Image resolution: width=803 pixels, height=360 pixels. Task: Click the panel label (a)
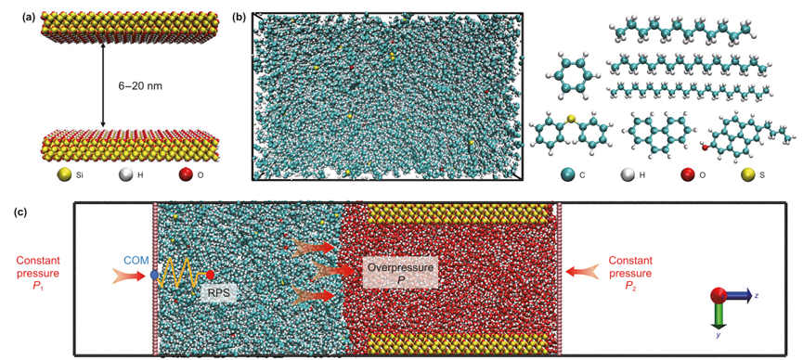coord(28,17)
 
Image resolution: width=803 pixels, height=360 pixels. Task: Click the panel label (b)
coord(239,17)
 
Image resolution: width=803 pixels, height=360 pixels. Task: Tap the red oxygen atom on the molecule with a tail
coord(705,148)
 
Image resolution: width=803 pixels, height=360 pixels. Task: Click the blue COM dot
coord(155,275)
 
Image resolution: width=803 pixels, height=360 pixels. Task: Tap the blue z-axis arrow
coord(737,295)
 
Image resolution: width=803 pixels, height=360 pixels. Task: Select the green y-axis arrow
coord(717,315)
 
